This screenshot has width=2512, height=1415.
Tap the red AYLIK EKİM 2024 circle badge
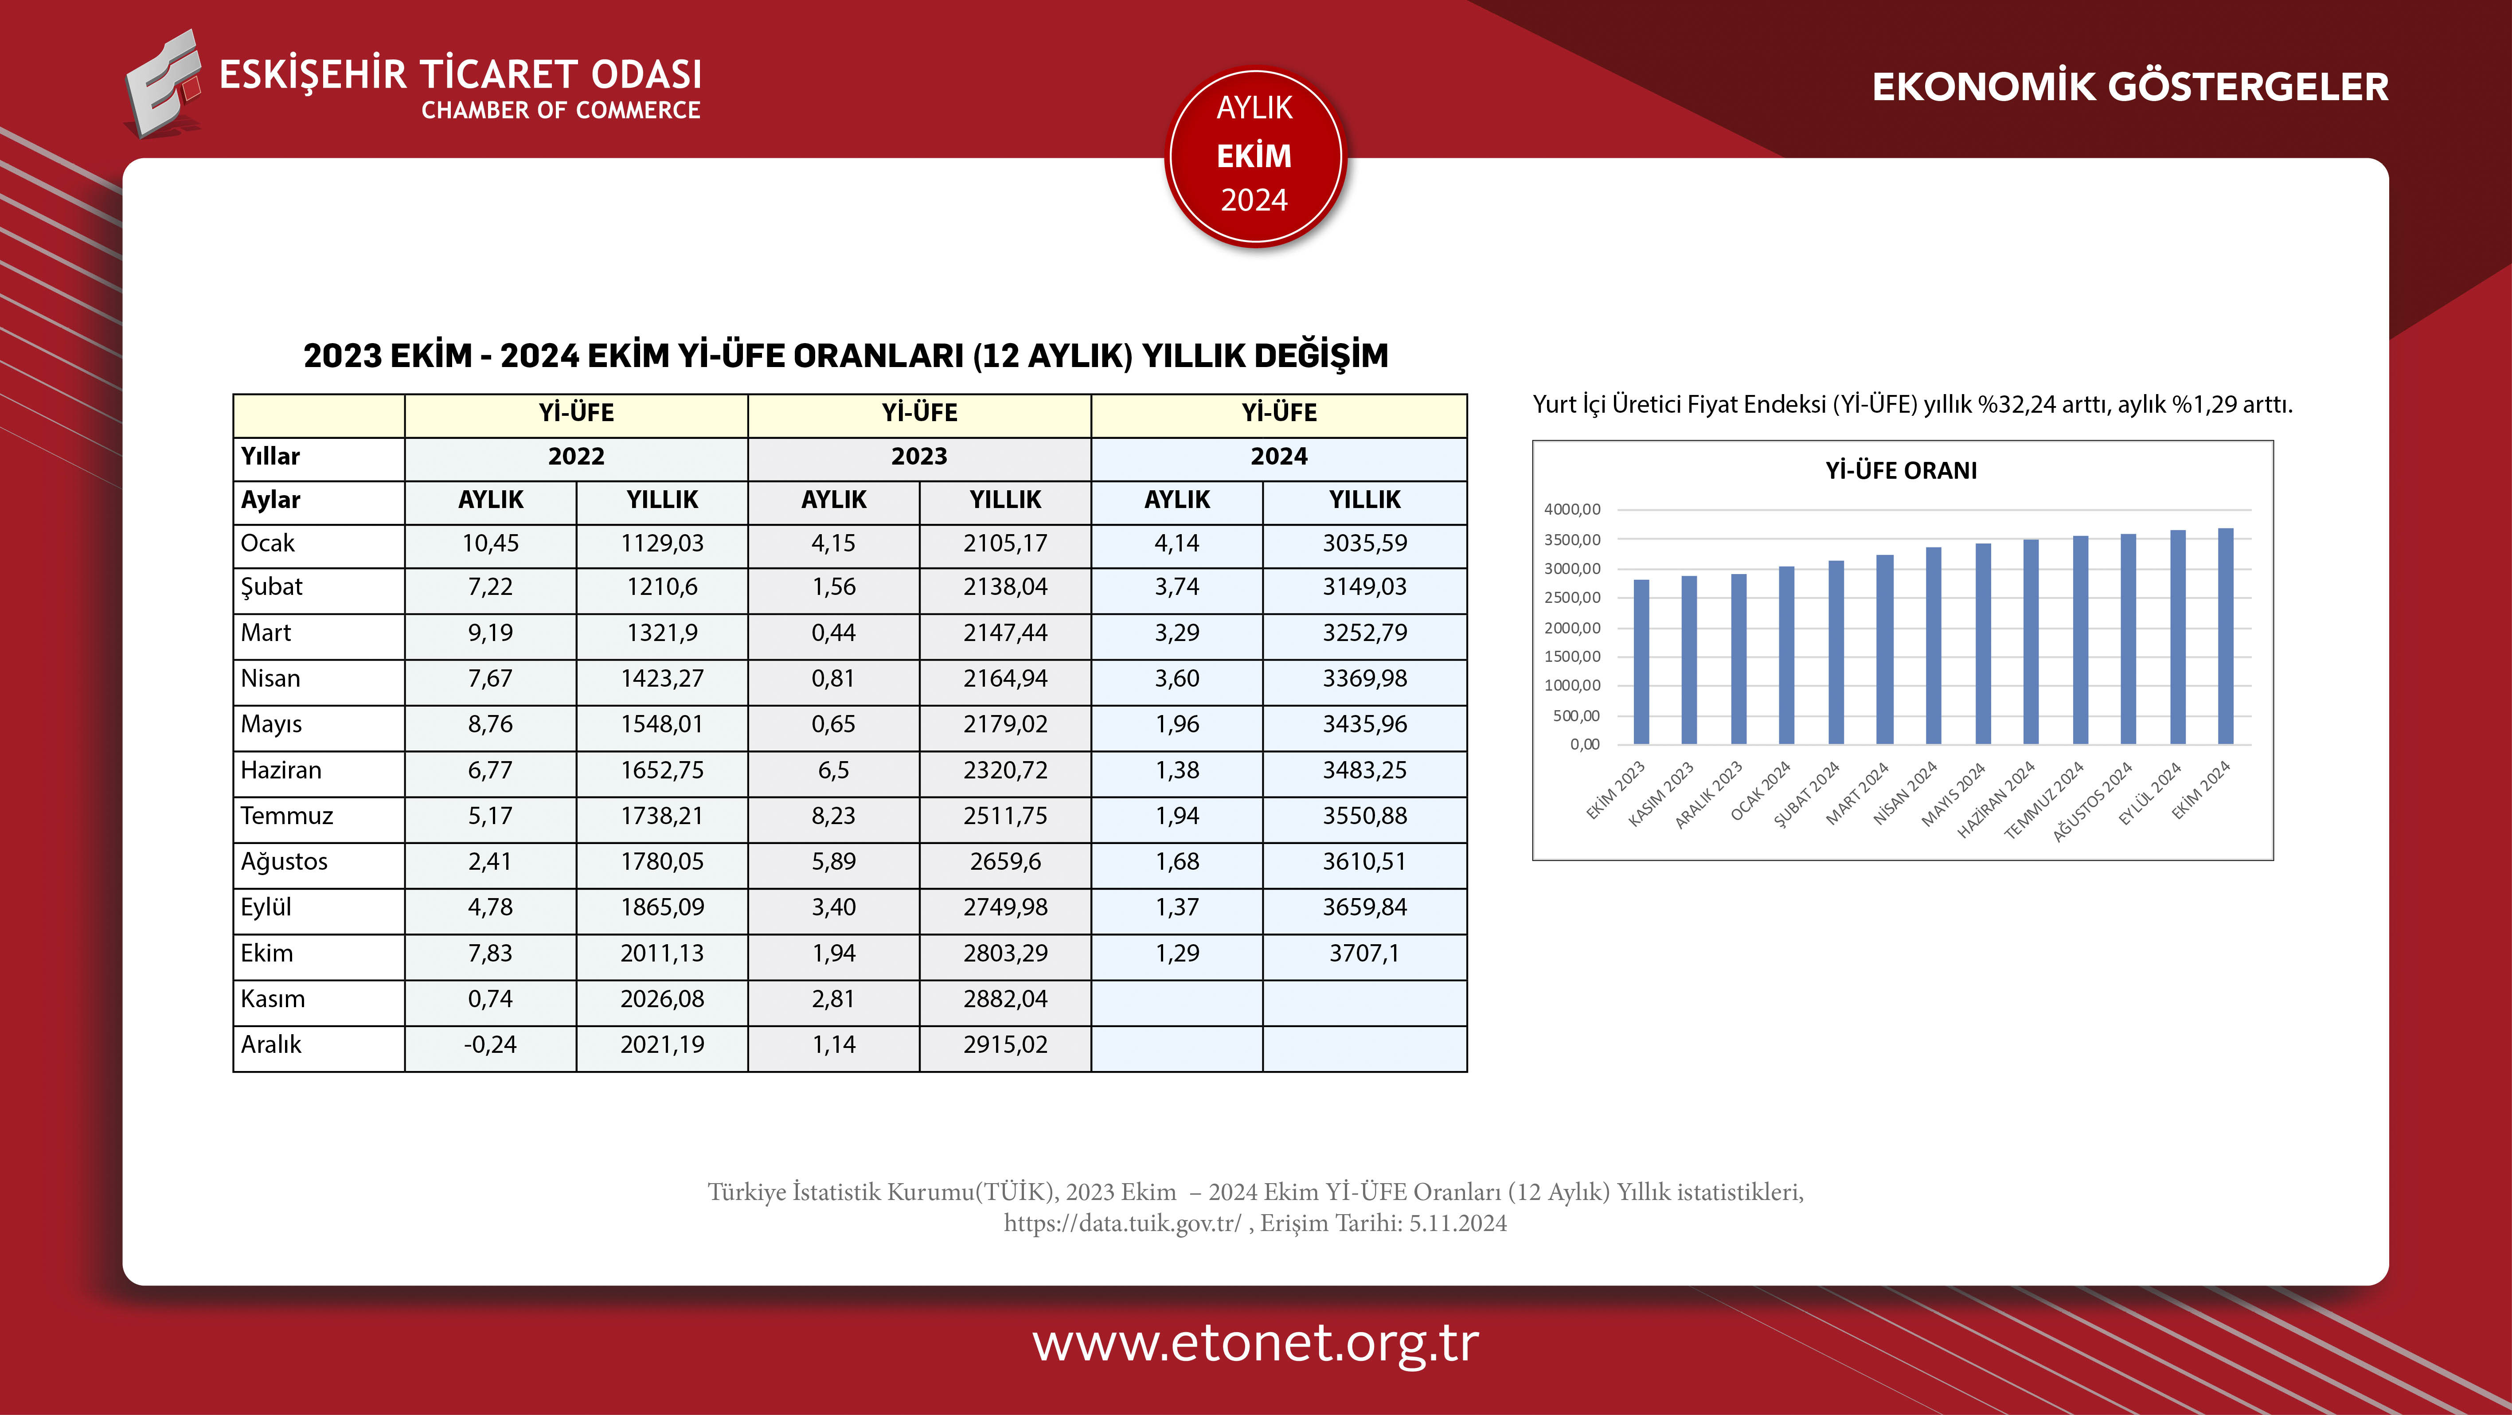pos(1255,156)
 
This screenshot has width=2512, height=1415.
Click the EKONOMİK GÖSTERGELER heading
pos(2130,87)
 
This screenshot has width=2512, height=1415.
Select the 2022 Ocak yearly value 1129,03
pos(662,543)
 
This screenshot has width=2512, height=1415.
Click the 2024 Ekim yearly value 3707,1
pos(1364,953)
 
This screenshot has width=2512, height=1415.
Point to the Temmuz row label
pos(287,815)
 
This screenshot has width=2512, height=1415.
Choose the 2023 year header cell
pos(918,457)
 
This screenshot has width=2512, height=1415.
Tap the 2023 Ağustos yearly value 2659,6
pos(1005,861)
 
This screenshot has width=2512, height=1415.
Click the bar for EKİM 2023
pos(1641,663)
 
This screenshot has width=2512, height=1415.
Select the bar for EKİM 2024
pos(2225,637)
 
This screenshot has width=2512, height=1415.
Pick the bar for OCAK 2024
pos(1786,655)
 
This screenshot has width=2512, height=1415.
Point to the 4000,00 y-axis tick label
pos(1572,509)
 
